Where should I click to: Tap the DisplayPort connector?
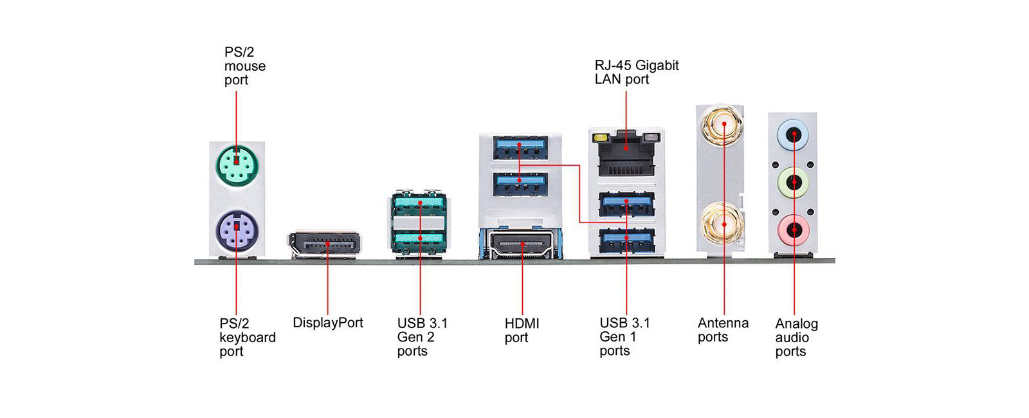(x=325, y=244)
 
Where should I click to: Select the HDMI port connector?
(x=522, y=244)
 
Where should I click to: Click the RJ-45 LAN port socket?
(x=626, y=155)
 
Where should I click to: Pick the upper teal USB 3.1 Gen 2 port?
(x=419, y=205)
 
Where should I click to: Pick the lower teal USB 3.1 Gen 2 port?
(x=419, y=239)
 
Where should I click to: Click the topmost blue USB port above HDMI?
(x=520, y=148)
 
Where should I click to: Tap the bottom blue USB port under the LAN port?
(x=626, y=240)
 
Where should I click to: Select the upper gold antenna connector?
(x=723, y=125)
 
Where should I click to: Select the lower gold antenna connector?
(x=724, y=224)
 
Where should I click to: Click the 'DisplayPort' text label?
(x=327, y=323)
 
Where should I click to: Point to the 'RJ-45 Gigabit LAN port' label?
(x=636, y=72)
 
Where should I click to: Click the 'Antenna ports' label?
(x=723, y=330)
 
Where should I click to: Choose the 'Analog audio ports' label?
(x=796, y=338)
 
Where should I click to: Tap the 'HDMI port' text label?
(x=522, y=331)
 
